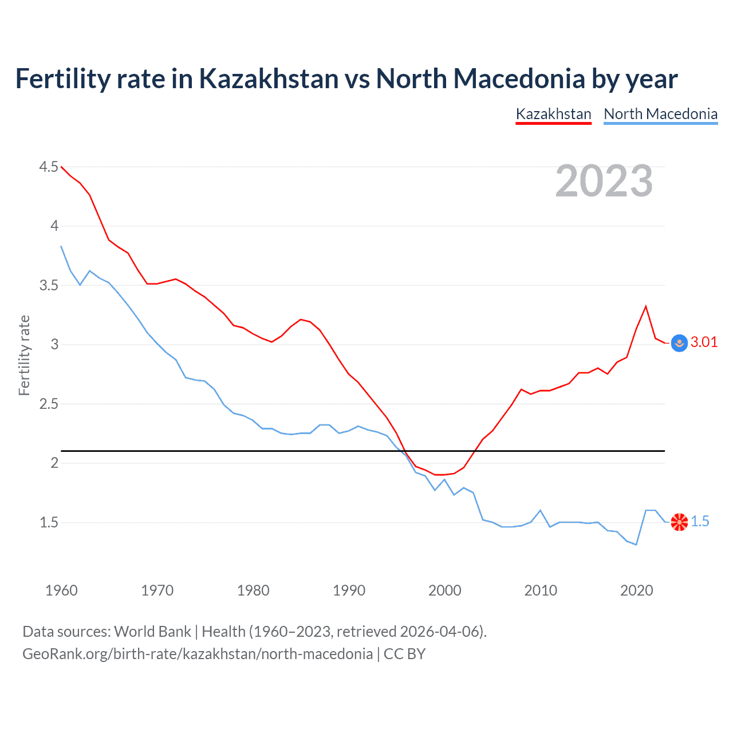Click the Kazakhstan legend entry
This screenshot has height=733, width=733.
(x=553, y=114)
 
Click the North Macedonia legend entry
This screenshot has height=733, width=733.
(x=660, y=114)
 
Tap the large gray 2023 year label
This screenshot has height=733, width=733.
(x=604, y=181)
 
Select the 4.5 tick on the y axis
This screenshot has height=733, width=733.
(x=49, y=167)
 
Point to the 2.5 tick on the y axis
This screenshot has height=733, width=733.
(x=49, y=404)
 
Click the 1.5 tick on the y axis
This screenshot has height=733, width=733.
(x=49, y=522)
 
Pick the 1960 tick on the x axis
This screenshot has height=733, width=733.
(x=61, y=590)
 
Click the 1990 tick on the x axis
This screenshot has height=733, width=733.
(x=349, y=590)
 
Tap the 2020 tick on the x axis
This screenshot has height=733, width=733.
(x=636, y=590)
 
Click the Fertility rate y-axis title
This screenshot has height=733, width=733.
(x=24, y=355)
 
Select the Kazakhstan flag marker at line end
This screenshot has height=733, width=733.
(x=679, y=343)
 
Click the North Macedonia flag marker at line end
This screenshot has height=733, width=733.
(x=679, y=522)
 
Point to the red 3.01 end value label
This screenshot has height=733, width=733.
(x=704, y=342)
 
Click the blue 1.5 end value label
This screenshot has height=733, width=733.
(x=700, y=521)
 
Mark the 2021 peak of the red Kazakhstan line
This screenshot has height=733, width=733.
(x=646, y=306)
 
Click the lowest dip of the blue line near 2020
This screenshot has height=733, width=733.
(x=636, y=545)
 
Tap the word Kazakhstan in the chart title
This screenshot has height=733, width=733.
(x=269, y=78)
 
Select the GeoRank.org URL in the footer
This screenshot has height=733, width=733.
(x=198, y=654)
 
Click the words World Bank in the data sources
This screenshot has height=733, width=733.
(x=152, y=632)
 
